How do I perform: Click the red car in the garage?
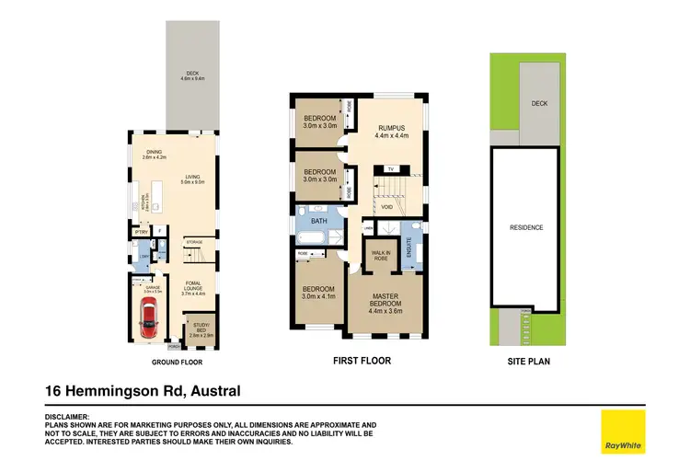(x=147, y=318)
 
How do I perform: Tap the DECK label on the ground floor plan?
(x=191, y=76)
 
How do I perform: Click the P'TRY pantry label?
(x=141, y=232)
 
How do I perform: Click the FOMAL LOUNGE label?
(x=199, y=286)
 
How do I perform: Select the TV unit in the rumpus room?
(x=391, y=170)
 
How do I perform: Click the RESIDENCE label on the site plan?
(x=526, y=226)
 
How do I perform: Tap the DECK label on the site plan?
(x=538, y=103)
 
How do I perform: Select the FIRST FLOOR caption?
(x=362, y=362)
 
